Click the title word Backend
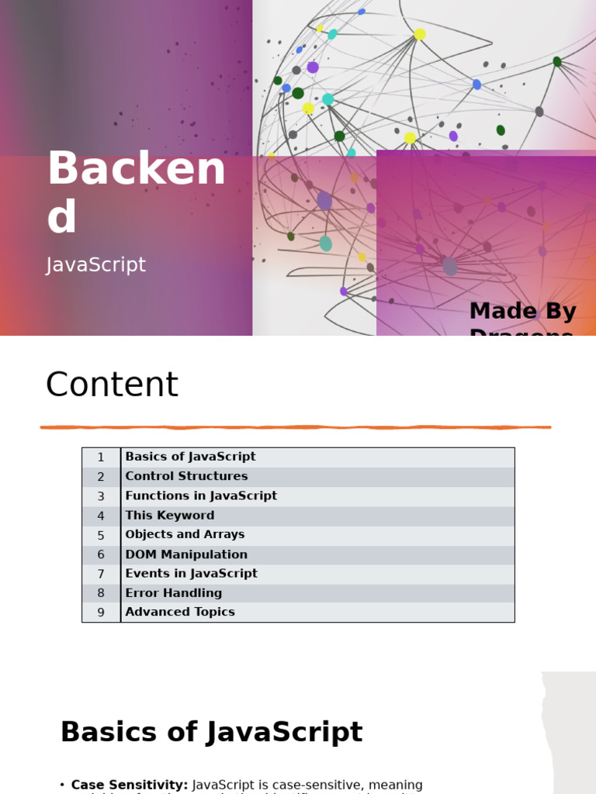(x=136, y=192)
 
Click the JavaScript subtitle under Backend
(x=96, y=265)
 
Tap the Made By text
(x=522, y=312)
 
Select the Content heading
(x=112, y=385)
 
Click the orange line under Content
(x=295, y=427)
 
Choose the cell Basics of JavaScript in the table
(x=190, y=457)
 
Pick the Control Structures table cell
(x=186, y=476)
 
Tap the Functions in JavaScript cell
(x=201, y=495)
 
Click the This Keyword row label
(x=169, y=516)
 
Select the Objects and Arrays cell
(x=185, y=534)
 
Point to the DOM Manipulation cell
(x=186, y=554)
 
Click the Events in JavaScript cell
(x=191, y=574)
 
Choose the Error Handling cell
(x=173, y=593)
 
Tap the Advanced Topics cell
(x=180, y=612)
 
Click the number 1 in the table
(x=101, y=457)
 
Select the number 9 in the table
(x=101, y=613)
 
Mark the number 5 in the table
(x=101, y=535)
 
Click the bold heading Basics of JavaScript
(x=211, y=732)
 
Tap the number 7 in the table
(x=101, y=574)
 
